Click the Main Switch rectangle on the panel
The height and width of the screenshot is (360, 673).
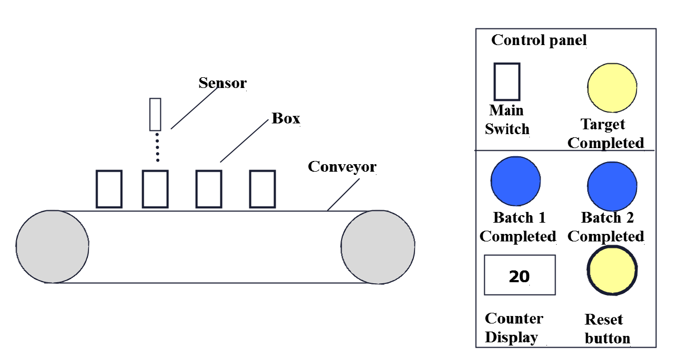[x=507, y=82]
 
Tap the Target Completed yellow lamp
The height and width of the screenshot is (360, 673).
[x=612, y=88]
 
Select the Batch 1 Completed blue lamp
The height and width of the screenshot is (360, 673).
[x=515, y=181]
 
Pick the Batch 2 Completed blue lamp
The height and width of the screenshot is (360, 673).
[x=612, y=186]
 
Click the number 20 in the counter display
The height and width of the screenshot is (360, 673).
[x=519, y=276]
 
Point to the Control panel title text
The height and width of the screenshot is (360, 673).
[x=539, y=40]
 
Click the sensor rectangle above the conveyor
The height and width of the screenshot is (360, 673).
[x=156, y=114]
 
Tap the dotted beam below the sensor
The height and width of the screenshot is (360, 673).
[x=158, y=148]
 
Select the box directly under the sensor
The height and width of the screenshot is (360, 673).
[x=156, y=189]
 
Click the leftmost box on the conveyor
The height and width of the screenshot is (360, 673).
[x=109, y=189]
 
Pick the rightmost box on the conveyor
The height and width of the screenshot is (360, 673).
[x=263, y=189]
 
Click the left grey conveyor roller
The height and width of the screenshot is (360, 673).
[x=52, y=246]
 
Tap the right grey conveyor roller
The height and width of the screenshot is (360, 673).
[x=378, y=247]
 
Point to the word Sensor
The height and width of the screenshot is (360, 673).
[x=223, y=83]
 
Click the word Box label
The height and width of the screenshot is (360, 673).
[x=286, y=119]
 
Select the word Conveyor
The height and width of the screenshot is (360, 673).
[x=342, y=167]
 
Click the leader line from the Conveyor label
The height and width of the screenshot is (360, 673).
[x=343, y=195]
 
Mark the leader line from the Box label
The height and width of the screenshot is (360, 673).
[x=244, y=141]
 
